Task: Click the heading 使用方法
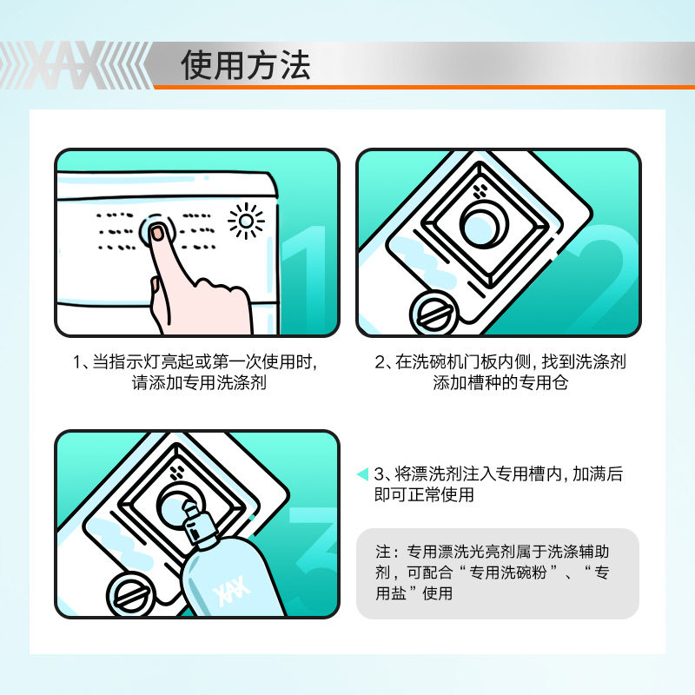[x=246, y=66]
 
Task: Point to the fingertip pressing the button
[x=158, y=233]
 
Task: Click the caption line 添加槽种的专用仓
[x=500, y=383]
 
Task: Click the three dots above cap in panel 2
[x=479, y=192]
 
